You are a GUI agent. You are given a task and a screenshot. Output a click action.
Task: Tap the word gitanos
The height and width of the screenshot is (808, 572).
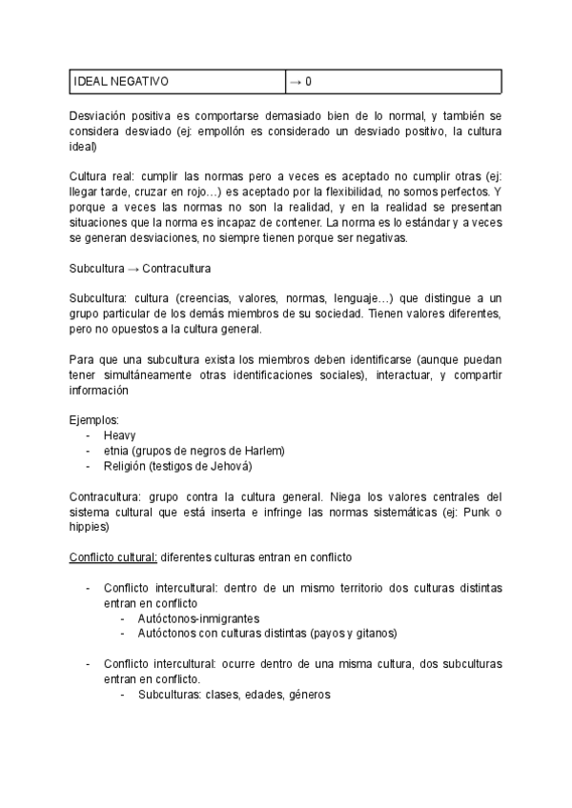point(376,634)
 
